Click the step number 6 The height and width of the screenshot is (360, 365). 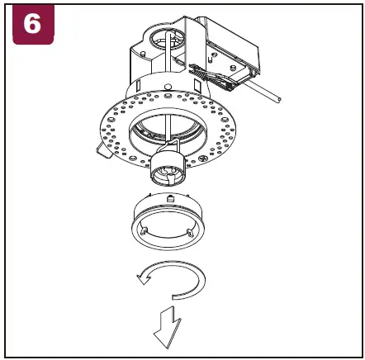31,24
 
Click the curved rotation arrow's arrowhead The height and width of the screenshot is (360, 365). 142,279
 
